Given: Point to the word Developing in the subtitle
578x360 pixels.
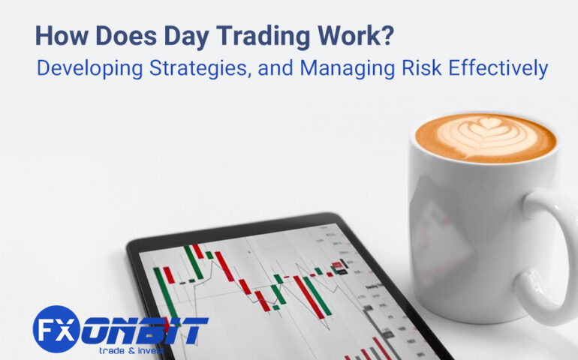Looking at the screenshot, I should click(x=82, y=68).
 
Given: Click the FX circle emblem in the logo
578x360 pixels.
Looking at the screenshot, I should click(x=56, y=328).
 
